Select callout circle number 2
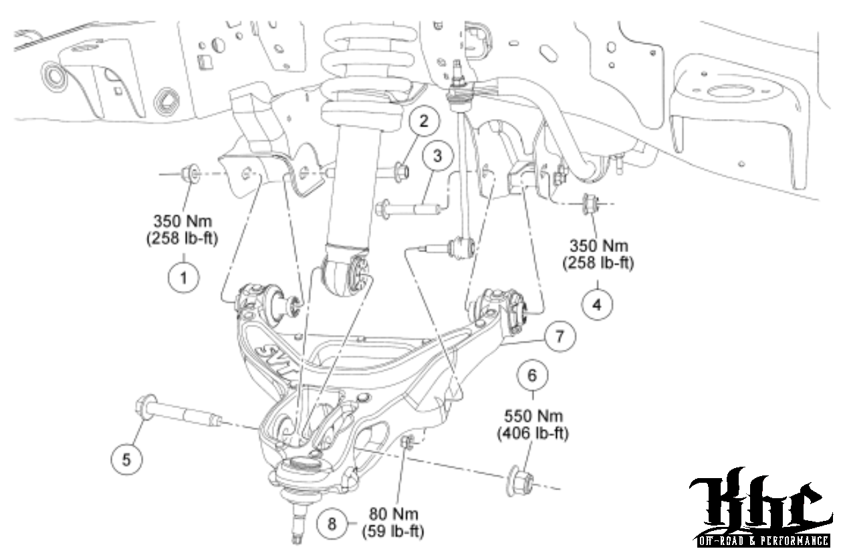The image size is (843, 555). [x=423, y=121]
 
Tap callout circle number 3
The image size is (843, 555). [x=437, y=157]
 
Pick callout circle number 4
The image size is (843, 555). [x=596, y=304]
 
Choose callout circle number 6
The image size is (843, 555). [x=532, y=376]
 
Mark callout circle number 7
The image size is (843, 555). [x=559, y=337]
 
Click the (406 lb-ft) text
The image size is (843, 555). [x=532, y=433]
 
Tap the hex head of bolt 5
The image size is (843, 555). [x=145, y=408]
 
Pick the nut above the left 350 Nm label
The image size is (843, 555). [x=189, y=173]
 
